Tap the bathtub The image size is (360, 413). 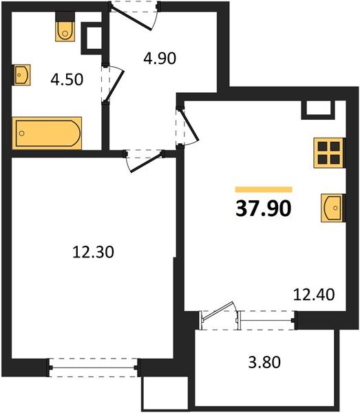coord(47,132)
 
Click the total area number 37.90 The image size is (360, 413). coord(264,208)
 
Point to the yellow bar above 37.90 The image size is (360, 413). coord(264,189)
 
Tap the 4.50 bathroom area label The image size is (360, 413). coord(68,79)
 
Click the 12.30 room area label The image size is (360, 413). coord(92,253)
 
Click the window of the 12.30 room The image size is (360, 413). coord(94,368)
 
